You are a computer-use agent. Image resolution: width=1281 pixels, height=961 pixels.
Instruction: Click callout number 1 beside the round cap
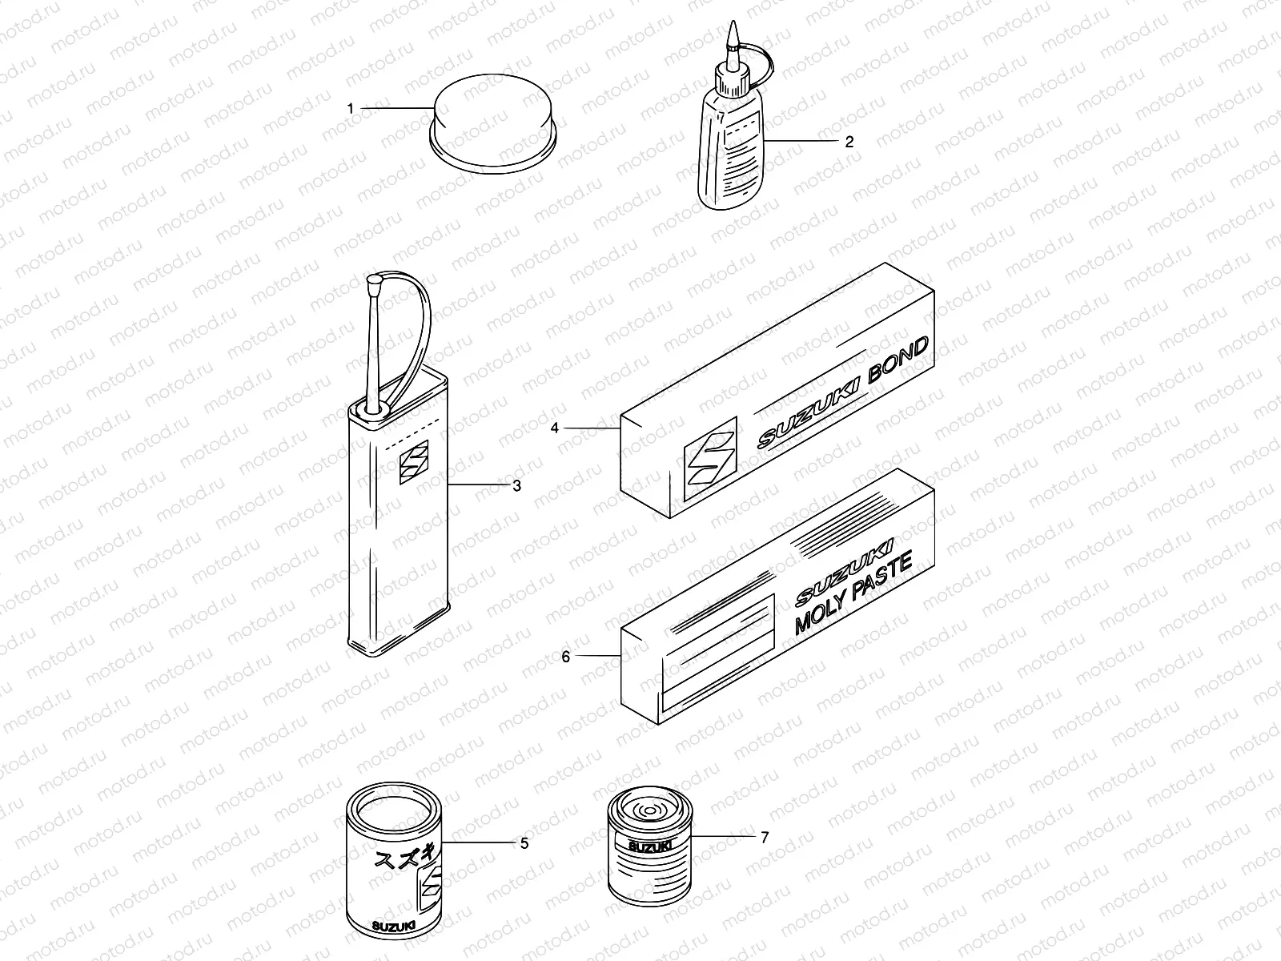tap(350, 109)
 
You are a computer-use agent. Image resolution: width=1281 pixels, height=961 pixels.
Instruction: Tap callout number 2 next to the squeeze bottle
tap(849, 142)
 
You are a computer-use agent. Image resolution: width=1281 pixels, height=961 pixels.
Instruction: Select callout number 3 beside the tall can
tap(516, 485)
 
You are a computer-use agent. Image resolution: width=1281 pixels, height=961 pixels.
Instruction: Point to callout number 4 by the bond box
tap(554, 428)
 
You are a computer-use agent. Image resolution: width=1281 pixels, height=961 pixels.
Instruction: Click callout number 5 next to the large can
tap(524, 843)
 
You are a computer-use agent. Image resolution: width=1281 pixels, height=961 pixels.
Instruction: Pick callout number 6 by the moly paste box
tap(565, 657)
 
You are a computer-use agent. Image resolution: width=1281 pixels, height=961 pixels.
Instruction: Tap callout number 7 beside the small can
tap(765, 838)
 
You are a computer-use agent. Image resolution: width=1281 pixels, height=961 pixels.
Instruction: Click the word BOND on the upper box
tap(898, 360)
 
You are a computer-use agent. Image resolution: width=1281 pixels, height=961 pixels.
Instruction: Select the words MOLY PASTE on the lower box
tap(853, 593)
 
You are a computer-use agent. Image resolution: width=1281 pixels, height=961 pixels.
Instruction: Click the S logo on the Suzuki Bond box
tap(710, 458)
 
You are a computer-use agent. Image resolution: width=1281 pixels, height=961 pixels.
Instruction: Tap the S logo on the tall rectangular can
tap(414, 462)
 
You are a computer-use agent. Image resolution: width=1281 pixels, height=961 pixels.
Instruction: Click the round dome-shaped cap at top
tap(493, 123)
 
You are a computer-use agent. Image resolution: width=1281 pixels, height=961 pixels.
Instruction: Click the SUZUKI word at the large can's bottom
tap(394, 926)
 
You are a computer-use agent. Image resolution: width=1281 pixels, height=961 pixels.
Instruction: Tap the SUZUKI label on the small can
tap(649, 846)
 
